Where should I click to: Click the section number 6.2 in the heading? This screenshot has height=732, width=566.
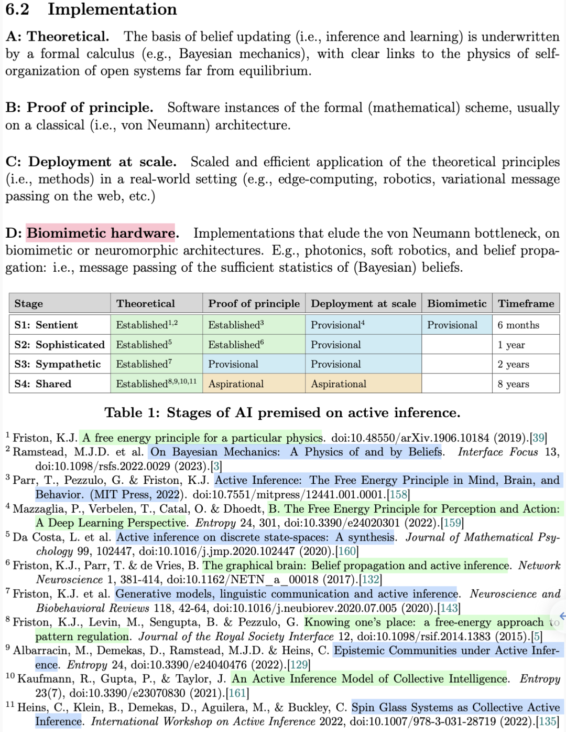[x=17, y=9]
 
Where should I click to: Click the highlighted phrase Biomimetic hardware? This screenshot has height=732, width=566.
[x=101, y=233]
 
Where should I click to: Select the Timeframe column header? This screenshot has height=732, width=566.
[x=526, y=303]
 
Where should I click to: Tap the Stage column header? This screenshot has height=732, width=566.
[x=29, y=304]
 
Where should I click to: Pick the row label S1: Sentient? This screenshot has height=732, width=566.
[x=46, y=325]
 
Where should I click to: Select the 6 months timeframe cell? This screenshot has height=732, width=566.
[x=518, y=325]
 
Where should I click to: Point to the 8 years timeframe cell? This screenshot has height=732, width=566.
[x=514, y=384]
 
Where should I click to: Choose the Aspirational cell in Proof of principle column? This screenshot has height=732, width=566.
[x=236, y=384]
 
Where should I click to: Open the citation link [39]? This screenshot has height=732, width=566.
[x=538, y=438]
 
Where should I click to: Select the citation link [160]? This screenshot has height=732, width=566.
[x=346, y=551]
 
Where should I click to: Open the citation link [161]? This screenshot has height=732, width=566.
[x=237, y=693]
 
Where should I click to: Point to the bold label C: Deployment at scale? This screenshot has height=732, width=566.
[x=91, y=162]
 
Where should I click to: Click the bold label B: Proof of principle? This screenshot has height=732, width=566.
[x=79, y=108]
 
